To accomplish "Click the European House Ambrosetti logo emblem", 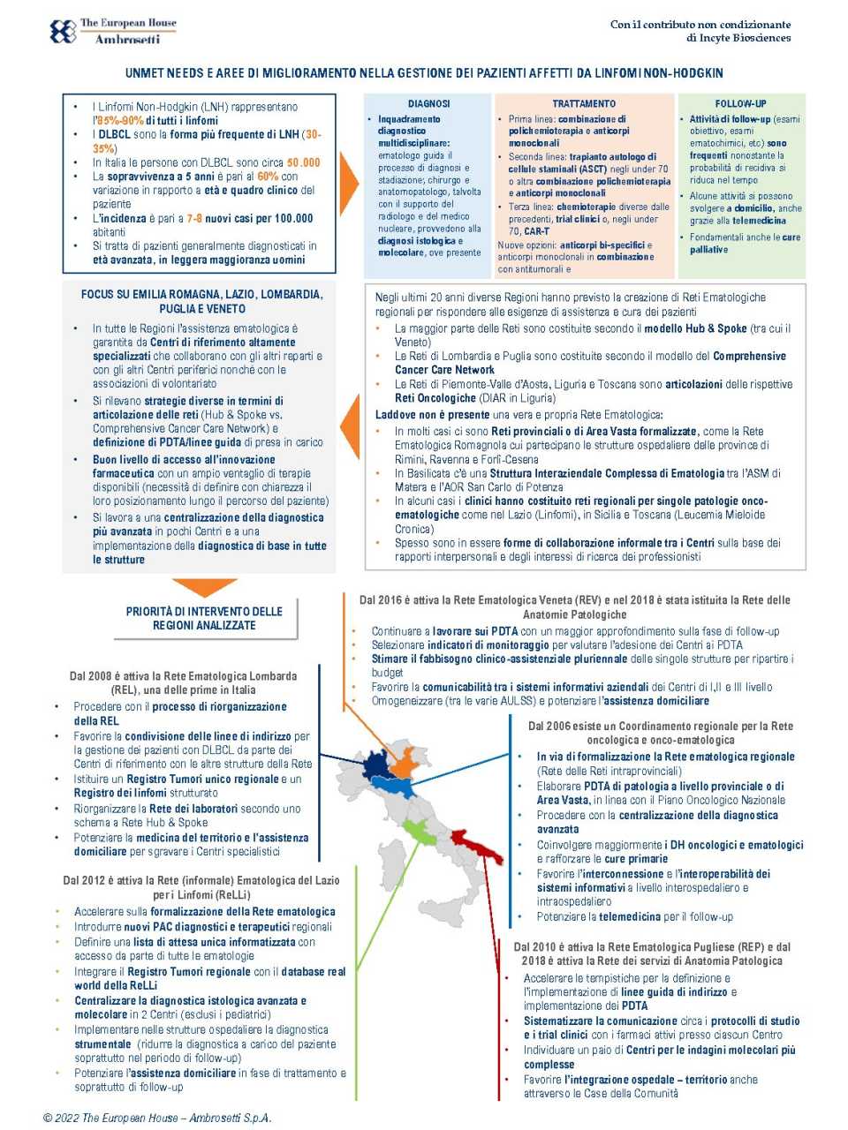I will coord(63,32).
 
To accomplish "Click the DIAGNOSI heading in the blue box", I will coord(428,103).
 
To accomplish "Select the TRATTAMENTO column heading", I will coord(584,103).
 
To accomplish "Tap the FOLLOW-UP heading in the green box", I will coord(740,103).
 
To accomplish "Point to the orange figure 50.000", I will coord(304,162).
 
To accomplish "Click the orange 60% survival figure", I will coord(268,177).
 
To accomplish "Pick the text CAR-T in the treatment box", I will coord(537,231).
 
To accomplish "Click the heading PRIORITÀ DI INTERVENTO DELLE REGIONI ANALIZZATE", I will coord(204,618).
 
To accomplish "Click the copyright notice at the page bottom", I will coord(157,1118).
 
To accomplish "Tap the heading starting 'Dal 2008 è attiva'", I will coord(183,676).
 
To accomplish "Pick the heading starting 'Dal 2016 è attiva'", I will coord(574,600).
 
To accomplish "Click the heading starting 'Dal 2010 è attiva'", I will coord(652,947).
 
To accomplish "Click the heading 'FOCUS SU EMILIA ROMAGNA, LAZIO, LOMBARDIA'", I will coord(202,295).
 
